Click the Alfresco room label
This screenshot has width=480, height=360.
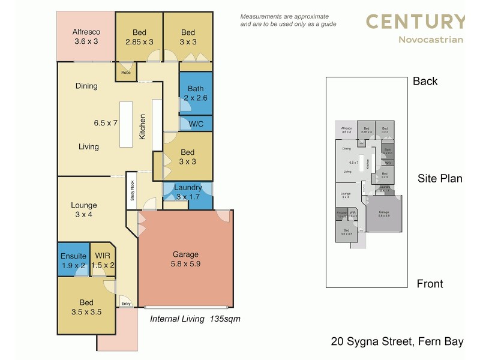pyautogui.click(x=86, y=31)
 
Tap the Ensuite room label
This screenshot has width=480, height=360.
pyautogui.click(x=73, y=256)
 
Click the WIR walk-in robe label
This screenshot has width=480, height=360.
pyautogui.click(x=102, y=256)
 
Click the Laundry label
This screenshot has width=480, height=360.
pyautogui.click(x=188, y=188)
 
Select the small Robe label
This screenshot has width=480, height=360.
pyautogui.click(x=126, y=73)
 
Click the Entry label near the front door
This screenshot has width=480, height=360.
pyautogui.click(x=126, y=304)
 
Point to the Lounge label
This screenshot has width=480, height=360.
pyautogui.click(x=83, y=205)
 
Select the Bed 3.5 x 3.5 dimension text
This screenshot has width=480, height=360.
pyautogui.click(x=86, y=312)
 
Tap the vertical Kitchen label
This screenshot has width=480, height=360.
pyautogui.click(x=143, y=127)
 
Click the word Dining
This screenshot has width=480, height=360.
pyautogui.click(x=86, y=86)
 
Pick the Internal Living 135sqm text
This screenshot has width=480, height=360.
pyautogui.click(x=194, y=319)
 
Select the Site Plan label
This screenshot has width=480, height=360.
pyautogui.click(x=440, y=178)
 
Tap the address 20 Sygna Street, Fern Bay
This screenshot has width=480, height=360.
pyautogui.click(x=397, y=342)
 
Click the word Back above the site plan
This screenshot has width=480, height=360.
pyautogui.click(x=425, y=82)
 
